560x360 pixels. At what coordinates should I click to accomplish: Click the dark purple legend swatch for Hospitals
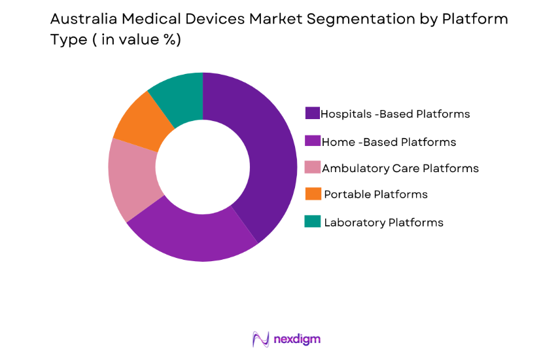313,114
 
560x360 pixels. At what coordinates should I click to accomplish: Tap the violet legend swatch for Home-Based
313,141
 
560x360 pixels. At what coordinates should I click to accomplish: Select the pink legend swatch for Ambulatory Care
313,168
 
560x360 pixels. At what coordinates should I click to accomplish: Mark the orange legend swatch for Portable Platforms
313,194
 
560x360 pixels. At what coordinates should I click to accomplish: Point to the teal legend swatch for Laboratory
313,222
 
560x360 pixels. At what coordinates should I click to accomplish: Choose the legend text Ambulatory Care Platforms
401,168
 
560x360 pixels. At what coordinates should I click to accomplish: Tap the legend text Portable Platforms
376,194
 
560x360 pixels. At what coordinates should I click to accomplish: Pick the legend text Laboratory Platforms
383,222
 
